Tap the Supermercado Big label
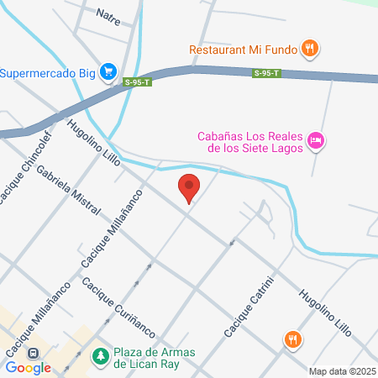(47, 73)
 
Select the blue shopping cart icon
(108, 73)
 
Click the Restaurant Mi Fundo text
(242, 49)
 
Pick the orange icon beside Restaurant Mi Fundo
(310, 49)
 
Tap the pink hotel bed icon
(316, 139)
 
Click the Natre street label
(108, 14)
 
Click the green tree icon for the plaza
(100, 357)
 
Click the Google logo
(28, 367)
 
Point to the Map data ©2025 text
(340, 370)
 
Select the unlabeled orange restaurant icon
(292, 339)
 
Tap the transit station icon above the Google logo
(35, 354)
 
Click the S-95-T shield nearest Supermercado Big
(137, 81)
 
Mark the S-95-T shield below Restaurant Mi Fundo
(266, 74)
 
